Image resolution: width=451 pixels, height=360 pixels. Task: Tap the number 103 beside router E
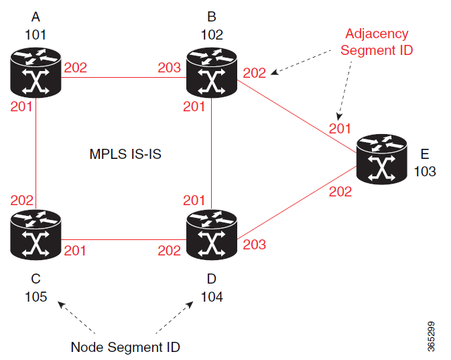pyautogui.click(x=425, y=172)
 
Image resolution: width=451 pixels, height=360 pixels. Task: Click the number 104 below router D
pyautogui.click(x=212, y=296)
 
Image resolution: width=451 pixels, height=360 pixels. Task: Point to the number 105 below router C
pyautogui.click(x=36, y=296)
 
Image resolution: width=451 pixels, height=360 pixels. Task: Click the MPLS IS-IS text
pyautogui.click(x=125, y=154)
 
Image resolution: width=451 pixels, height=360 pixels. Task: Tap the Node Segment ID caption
pyautogui.click(x=125, y=347)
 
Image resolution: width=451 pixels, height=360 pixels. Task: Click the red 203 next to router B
pyautogui.click(x=169, y=68)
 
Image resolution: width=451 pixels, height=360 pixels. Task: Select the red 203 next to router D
pyautogui.click(x=255, y=245)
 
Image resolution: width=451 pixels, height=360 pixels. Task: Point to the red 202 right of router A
pyautogui.click(x=75, y=68)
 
